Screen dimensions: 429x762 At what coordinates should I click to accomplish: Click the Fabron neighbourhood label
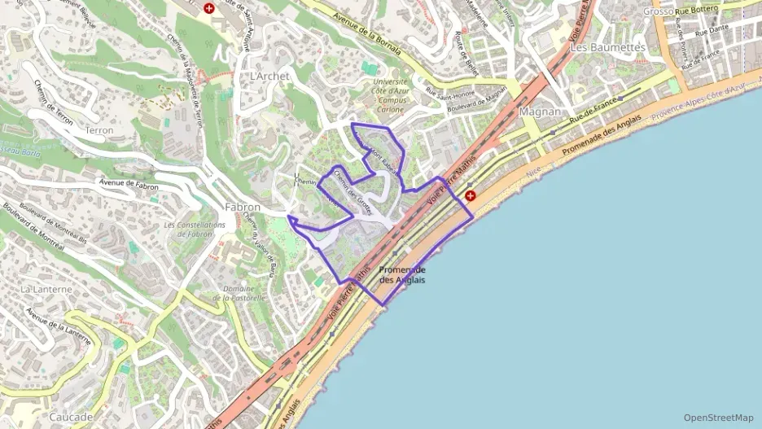pos(242,208)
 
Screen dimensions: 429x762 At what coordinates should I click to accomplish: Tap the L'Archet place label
pos(269,76)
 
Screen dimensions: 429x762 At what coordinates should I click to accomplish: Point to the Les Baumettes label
pos(608,47)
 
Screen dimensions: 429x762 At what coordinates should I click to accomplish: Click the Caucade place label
pos(71,417)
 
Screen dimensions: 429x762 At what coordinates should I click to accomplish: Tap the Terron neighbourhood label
pos(99,129)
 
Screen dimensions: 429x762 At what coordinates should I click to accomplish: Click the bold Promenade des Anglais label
pos(402,274)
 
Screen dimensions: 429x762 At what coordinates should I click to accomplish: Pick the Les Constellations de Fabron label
pos(194,230)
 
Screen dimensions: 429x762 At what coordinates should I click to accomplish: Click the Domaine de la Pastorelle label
pos(239,293)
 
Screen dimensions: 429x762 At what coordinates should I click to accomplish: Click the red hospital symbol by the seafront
pos(471,195)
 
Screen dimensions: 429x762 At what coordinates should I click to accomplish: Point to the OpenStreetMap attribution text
pos(718,417)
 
